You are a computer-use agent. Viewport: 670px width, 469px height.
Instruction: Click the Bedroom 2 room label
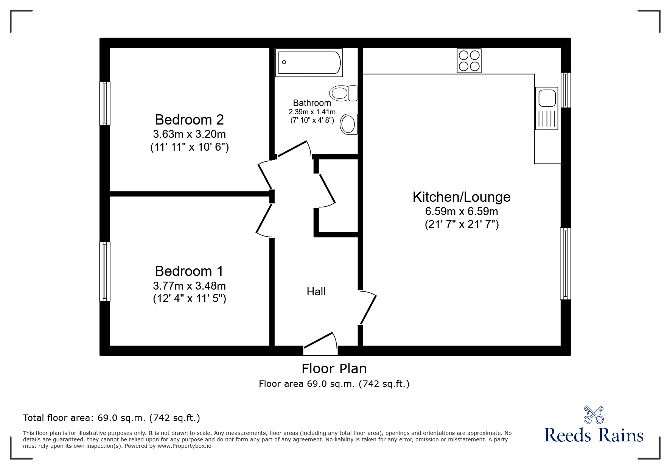point(189,120)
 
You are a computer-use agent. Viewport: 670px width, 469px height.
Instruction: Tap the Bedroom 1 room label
point(189,271)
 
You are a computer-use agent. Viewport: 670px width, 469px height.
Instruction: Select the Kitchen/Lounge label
point(462,197)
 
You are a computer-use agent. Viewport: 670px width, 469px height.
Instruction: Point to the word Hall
point(316,291)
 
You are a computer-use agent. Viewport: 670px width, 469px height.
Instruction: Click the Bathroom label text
point(312,103)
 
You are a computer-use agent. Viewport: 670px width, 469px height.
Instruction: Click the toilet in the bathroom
point(344,93)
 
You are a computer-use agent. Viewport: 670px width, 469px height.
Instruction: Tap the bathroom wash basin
point(348,124)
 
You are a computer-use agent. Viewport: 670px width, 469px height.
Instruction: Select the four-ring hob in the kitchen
point(469,61)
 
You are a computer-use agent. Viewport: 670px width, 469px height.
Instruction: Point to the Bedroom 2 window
point(105,103)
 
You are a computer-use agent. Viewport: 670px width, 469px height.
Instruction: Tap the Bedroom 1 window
point(105,271)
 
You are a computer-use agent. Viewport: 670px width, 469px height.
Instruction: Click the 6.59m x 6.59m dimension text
point(462,211)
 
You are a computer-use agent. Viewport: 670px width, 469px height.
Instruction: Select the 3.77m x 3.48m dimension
point(189,285)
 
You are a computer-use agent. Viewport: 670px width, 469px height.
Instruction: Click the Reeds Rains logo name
point(594,435)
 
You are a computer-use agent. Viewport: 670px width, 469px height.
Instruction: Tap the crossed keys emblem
point(594,415)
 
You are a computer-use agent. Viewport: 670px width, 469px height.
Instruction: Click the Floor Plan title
point(334,369)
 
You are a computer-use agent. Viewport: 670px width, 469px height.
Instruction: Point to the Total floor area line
point(112,418)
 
